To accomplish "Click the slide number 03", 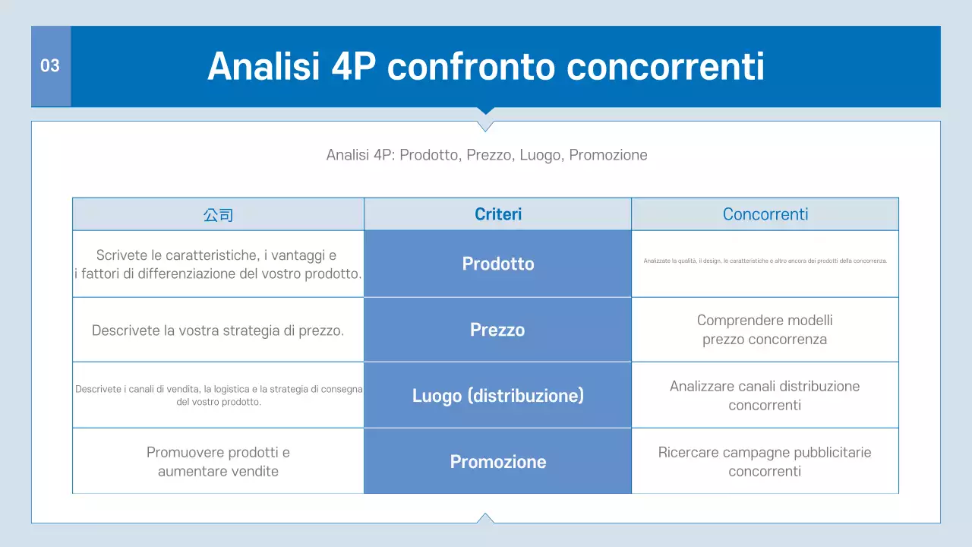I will point(50,66).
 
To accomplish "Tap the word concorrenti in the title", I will point(665,67).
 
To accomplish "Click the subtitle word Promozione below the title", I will point(608,155).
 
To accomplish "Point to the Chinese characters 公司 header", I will point(218,215).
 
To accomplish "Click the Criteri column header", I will point(498,214).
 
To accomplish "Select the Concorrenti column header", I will point(765,214).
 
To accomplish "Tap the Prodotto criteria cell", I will point(498,264).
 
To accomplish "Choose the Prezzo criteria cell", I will point(497,330).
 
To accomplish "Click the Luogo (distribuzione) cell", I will point(498,396).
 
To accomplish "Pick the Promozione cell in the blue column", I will point(498,462).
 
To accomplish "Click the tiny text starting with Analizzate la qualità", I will point(765,261).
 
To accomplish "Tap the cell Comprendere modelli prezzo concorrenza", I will point(765,330).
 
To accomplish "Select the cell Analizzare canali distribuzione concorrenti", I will point(765,396).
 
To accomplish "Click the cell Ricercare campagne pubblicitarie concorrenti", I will point(765,462).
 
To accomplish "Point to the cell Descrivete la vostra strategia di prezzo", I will point(218,330).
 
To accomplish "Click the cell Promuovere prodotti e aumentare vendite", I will point(218,462).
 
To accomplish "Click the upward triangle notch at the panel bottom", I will point(486,519).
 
